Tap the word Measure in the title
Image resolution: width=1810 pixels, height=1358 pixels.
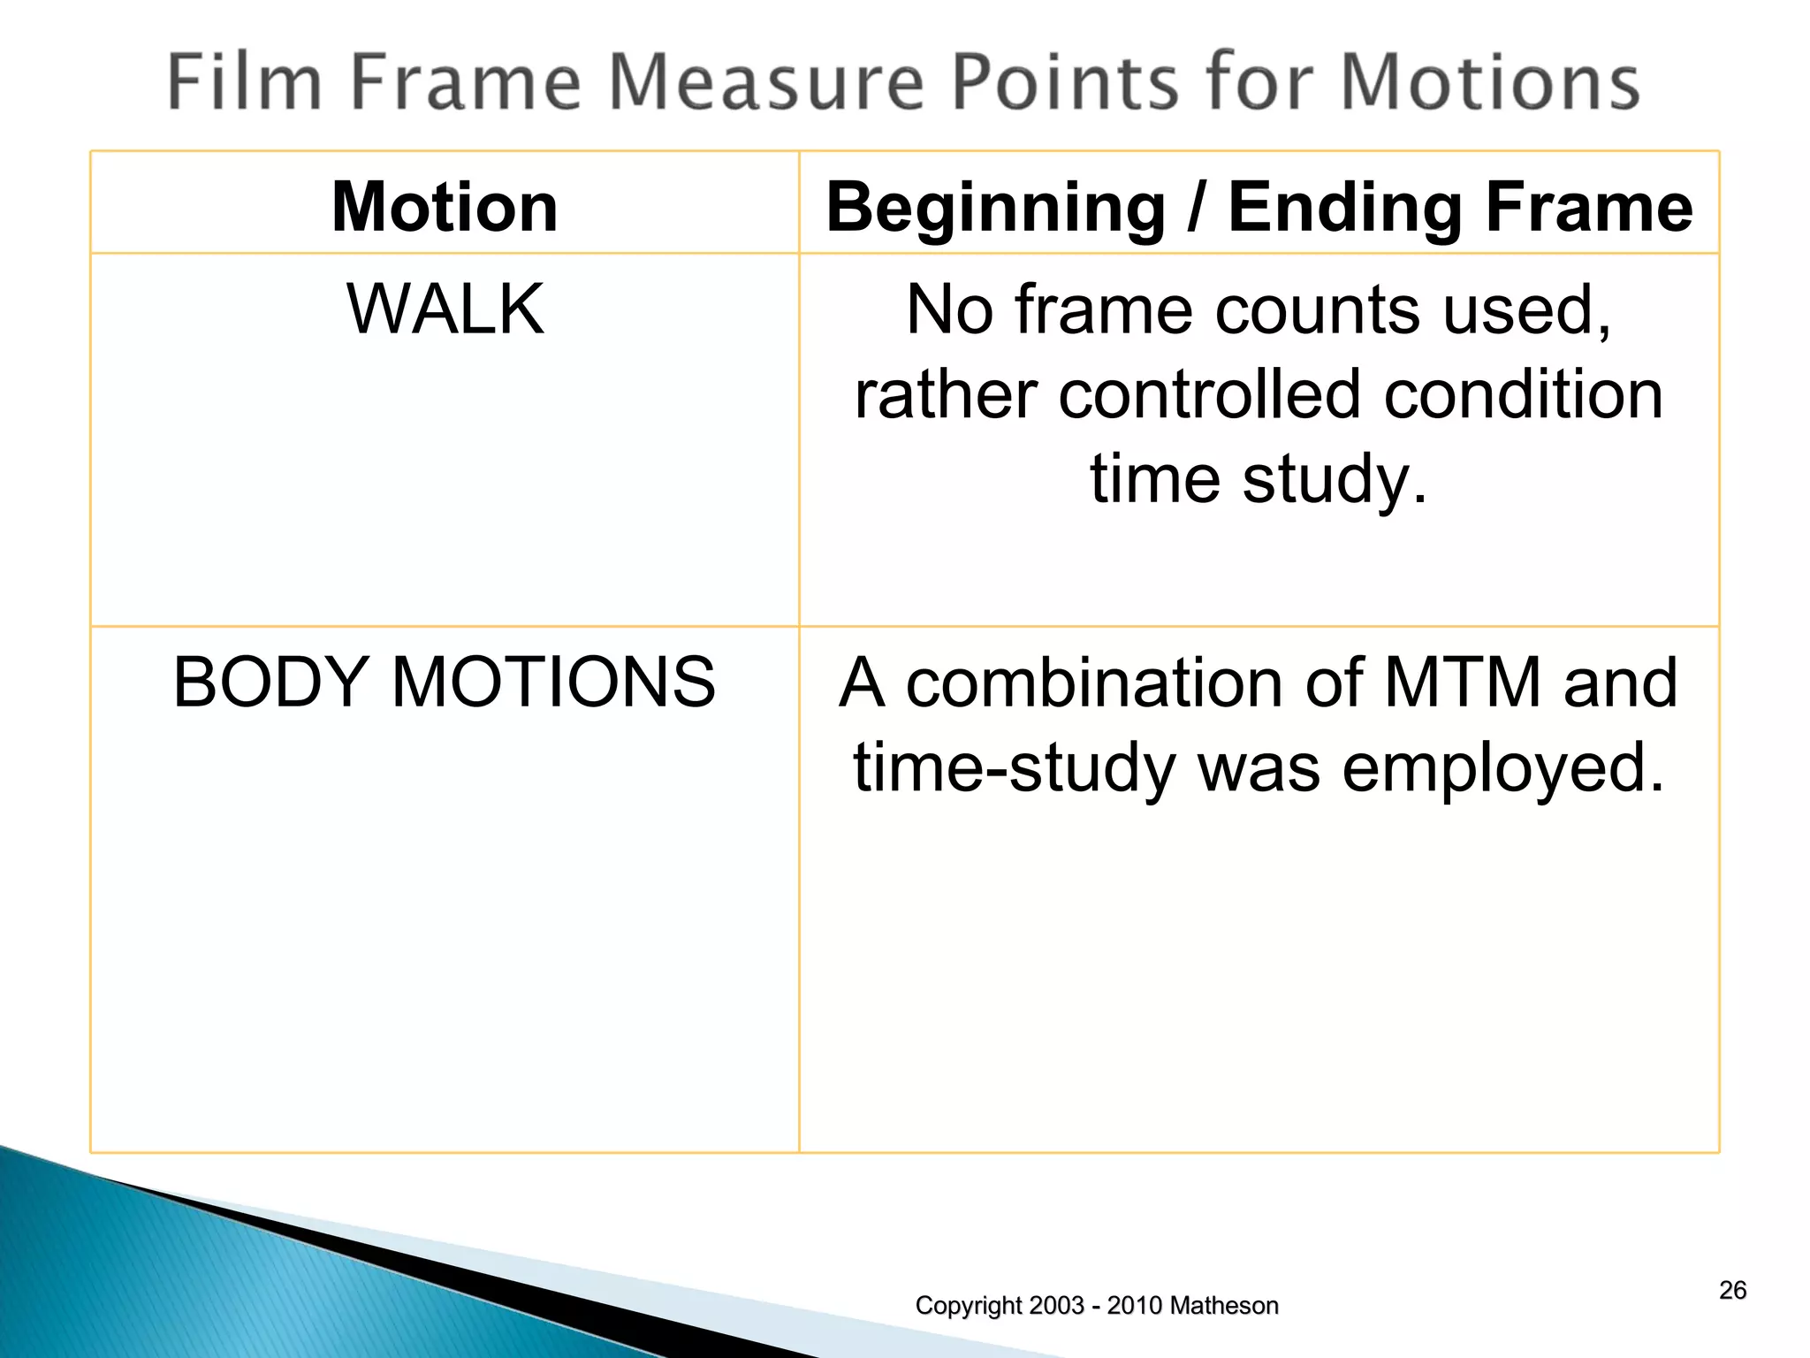tap(766, 81)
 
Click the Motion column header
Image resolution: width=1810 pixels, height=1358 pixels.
tap(445, 207)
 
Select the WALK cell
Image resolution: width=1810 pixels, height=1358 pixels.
tap(445, 309)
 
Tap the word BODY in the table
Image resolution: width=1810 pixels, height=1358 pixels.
tap(270, 682)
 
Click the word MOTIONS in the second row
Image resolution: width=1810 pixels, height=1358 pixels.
tap(553, 682)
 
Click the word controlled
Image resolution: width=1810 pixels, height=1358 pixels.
tap(1209, 394)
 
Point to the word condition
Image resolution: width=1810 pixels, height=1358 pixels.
tap(1523, 394)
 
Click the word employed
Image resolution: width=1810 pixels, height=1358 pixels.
tap(1502, 767)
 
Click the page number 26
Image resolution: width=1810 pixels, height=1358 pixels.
tap(1732, 1290)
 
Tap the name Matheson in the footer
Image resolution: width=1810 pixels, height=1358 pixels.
tap(1227, 1305)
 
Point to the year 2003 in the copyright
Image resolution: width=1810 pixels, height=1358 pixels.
tap(1056, 1305)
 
